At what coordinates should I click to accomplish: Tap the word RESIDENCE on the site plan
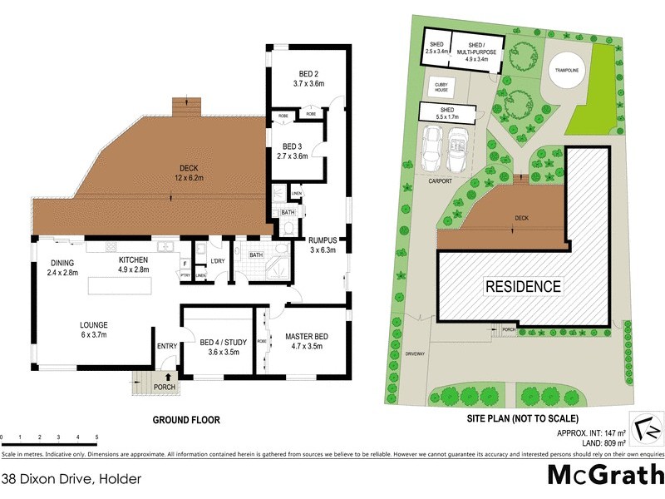point(522,287)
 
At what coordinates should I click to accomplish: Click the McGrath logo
point(603,476)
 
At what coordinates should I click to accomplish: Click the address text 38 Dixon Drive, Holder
point(71,478)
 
